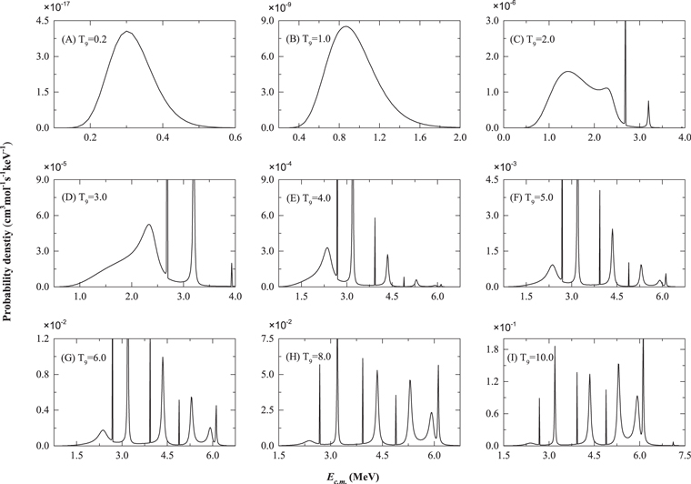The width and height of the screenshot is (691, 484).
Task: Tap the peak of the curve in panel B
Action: click(346, 27)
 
